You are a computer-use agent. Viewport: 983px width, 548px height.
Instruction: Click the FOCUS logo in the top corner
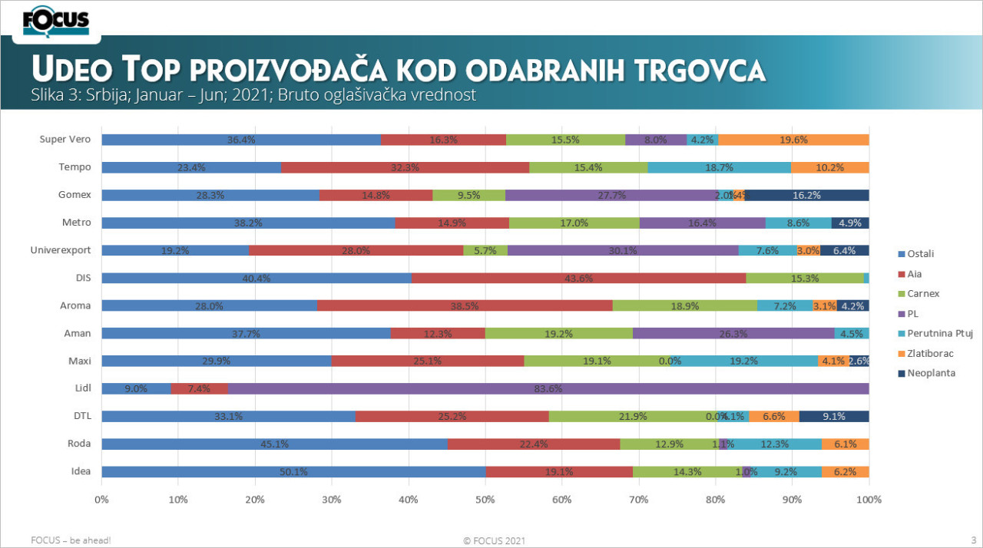click(56, 21)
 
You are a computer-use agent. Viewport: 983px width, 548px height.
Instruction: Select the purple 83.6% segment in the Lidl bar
click(548, 388)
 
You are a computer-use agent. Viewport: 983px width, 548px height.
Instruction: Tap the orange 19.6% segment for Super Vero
click(793, 140)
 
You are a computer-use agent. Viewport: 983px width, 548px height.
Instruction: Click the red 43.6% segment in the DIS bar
click(578, 278)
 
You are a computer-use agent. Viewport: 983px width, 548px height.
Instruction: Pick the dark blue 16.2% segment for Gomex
click(806, 195)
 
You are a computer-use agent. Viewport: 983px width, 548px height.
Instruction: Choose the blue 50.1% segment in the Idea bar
click(293, 471)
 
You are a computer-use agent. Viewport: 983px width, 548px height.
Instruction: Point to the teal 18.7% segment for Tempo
click(719, 167)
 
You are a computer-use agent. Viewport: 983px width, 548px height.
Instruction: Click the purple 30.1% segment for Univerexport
click(623, 250)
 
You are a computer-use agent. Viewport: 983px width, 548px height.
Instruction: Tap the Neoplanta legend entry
click(932, 374)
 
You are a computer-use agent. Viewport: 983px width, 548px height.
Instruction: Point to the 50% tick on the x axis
click(485, 500)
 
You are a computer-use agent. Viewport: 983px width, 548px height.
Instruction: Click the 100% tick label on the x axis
click(869, 500)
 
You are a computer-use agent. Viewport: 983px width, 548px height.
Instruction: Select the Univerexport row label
click(60, 250)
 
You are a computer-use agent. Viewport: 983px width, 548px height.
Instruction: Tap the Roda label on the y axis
click(80, 444)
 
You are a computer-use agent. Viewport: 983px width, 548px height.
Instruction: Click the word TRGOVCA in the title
click(701, 70)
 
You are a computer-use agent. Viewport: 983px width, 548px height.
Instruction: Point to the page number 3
click(973, 540)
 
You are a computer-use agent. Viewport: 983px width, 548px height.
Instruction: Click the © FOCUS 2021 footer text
click(495, 540)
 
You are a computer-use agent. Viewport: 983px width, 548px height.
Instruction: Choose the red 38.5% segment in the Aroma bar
click(465, 305)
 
